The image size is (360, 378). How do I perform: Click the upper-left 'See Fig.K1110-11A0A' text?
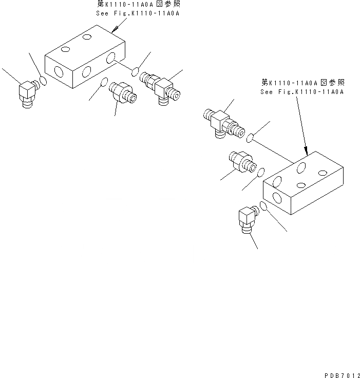tap(138, 13)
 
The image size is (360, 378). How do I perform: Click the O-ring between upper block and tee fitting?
tap(136, 70)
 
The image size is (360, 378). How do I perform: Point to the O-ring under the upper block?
tap(104, 82)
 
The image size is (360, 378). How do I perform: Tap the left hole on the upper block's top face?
tap(65, 49)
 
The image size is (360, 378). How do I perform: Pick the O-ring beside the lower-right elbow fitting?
tap(263, 206)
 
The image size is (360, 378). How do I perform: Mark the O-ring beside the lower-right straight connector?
tap(261, 172)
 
